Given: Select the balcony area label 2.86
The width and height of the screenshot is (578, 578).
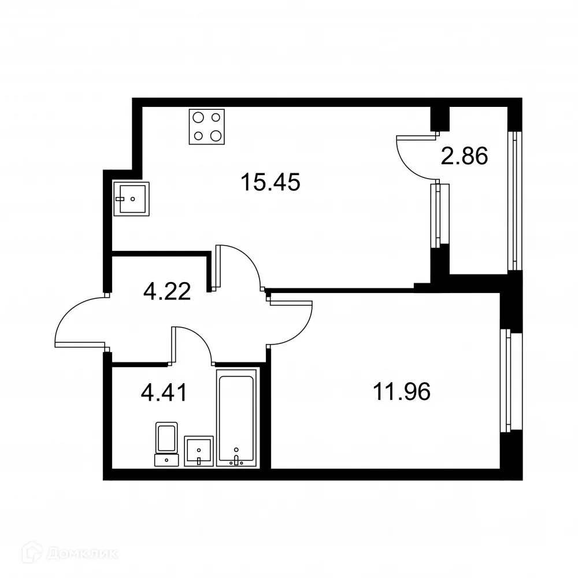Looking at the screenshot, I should click(464, 156).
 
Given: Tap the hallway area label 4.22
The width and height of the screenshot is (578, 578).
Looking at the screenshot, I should click(167, 291).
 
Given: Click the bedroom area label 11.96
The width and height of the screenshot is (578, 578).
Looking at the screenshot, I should click(402, 393).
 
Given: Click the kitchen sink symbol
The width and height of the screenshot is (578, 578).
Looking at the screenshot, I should click(131, 198).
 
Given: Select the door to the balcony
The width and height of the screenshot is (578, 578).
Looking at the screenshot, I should click(413, 153).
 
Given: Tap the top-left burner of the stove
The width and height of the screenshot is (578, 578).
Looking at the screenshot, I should click(198, 117).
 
